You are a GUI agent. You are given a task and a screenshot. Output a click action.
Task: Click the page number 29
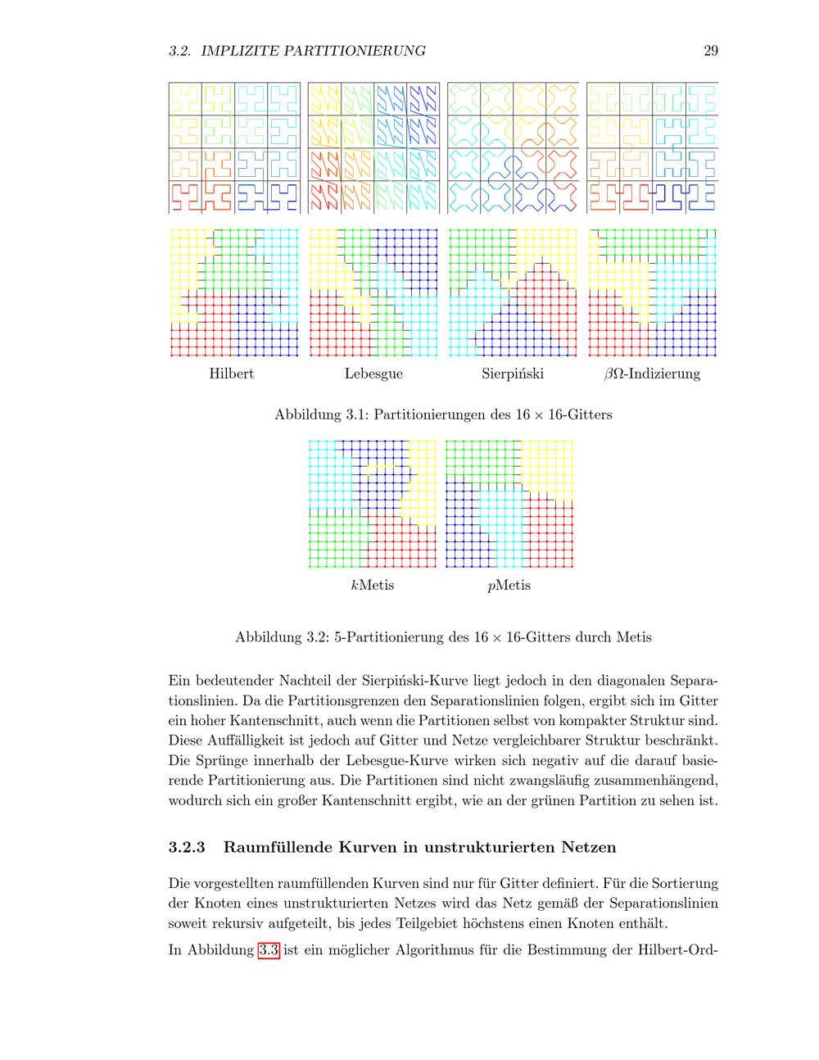point(710,51)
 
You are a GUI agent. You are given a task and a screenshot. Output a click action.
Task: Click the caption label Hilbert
point(231,374)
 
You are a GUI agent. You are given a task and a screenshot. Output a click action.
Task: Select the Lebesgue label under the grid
point(373,374)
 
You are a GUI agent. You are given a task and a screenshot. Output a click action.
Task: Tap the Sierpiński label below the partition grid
point(513,374)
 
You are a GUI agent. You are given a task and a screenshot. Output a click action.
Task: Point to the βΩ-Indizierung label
point(652,374)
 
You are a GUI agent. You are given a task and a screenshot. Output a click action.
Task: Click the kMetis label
point(372,585)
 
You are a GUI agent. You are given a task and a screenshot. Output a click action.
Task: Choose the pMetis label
point(509,585)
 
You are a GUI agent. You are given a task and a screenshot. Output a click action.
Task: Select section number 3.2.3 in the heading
point(187,846)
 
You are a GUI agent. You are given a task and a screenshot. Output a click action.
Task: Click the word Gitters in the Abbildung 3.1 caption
point(588,414)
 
